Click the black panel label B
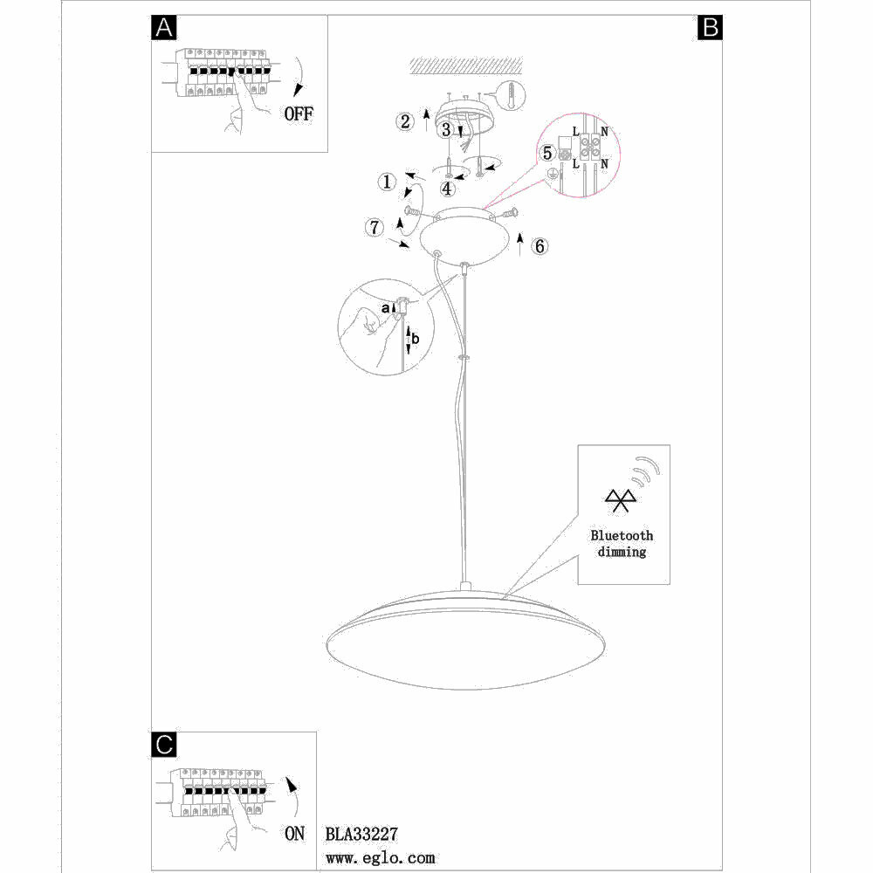tap(709, 28)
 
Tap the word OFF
tap(298, 113)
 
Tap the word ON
tap(295, 834)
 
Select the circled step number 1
tap(386, 182)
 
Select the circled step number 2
tap(404, 121)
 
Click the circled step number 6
tap(540, 246)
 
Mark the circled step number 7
tap(374, 228)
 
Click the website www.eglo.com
tap(380, 858)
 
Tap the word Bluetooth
tap(622, 535)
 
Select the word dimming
tap(622, 552)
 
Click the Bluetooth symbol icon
tap(621, 499)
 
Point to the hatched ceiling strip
tap(466, 65)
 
